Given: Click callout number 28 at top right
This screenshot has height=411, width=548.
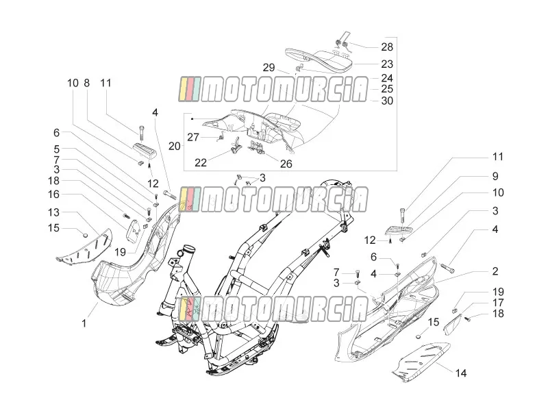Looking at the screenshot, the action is coord(387,47).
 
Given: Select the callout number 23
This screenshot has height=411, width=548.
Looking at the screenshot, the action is coord(387,64).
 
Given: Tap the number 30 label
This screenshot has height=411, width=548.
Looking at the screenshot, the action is coord(387,101).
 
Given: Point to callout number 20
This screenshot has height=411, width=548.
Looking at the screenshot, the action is coord(175,146).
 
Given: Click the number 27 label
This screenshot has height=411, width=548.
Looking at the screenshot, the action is coord(193,138).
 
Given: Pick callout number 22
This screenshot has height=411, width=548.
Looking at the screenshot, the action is coord(201,162).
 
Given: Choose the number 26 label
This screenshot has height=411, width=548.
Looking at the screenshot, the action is coord(286,164).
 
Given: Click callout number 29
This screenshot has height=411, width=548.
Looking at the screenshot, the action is coord(269,67).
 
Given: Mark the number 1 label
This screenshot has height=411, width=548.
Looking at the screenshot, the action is coord(84,323).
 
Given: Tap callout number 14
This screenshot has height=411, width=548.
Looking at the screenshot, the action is coord(461,373).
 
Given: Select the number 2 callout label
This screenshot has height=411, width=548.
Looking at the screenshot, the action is coord(495,271).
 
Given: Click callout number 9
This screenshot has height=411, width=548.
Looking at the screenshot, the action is coord(495,177).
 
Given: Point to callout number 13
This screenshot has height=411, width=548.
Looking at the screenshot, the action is coord(53,212).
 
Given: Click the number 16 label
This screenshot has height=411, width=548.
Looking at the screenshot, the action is coord(53,195).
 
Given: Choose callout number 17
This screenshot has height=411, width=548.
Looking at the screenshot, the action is coord(498,303).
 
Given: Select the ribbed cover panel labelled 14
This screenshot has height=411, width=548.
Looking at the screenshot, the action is coord(421,361).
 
